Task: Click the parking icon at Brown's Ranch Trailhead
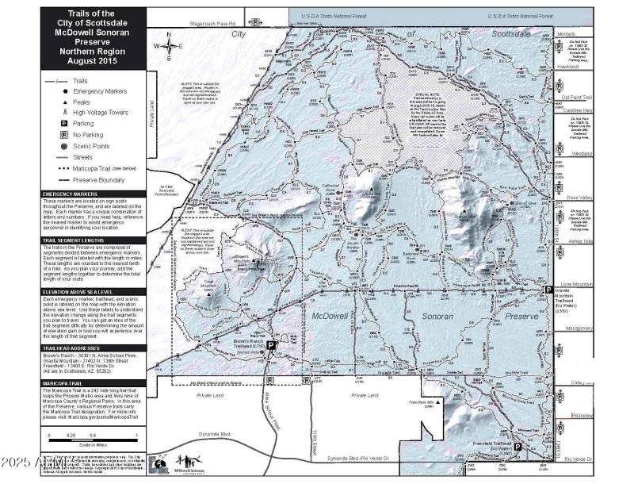(x=271, y=346)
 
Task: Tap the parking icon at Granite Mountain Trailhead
(x=546, y=291)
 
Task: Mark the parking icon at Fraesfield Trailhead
(x=518, y=447)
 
